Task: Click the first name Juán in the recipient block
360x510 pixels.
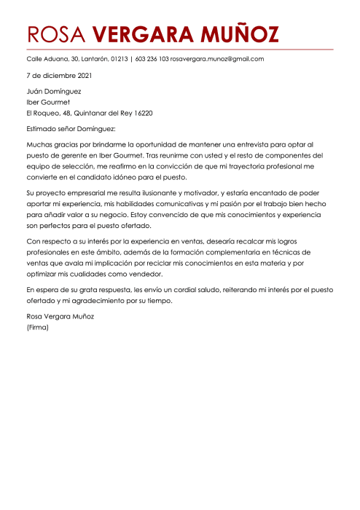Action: point(35,92)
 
